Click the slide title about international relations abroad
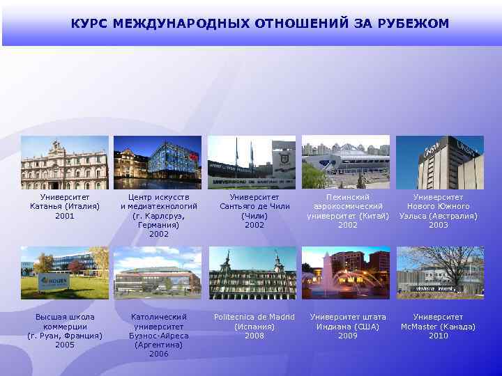point(259,24)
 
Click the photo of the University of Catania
point(65,162)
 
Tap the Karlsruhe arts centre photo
point(158,162)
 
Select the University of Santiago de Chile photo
point(252,162)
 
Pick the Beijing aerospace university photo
point(346,162)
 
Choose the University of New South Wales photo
point(440,162)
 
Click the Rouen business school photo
point(65,273)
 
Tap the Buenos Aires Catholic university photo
point(158,273)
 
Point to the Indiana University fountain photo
point(346,273)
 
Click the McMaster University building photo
point(440,273)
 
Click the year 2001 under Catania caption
point(65,216)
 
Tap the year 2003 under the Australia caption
point(439,225)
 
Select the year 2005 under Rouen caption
point(65,345)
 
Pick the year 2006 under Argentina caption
point(159,354)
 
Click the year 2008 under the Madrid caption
point(254,336)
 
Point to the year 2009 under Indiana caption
point(348,336)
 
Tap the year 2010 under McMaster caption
point(439,336)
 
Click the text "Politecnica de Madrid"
point(254,318)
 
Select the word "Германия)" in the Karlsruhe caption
point(159,225)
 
